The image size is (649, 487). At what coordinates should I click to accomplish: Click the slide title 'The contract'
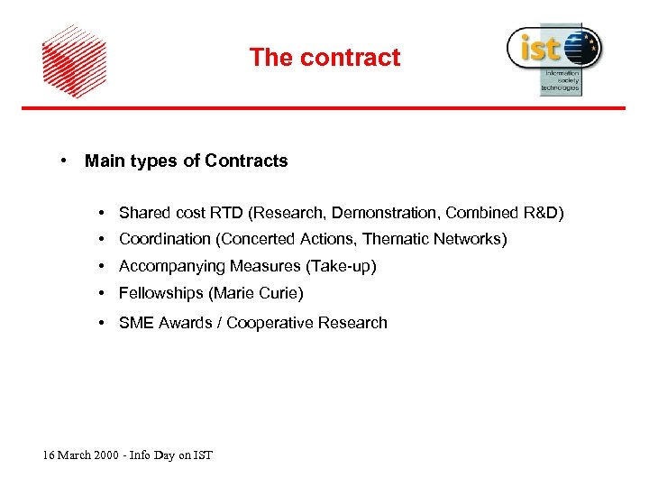(x=324, y=58)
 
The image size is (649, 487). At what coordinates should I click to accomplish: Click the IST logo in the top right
(x=553, y=57)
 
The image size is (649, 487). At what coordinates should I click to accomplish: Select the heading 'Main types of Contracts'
(x=186, y=161)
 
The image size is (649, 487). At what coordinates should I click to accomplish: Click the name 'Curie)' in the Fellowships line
(x=280, y=293)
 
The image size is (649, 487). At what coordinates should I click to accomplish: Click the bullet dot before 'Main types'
(x=65, y=161)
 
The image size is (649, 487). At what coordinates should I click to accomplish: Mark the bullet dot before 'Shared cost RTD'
(x=105, y=213)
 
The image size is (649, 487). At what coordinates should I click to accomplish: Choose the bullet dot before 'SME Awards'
(x=105, y=323)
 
